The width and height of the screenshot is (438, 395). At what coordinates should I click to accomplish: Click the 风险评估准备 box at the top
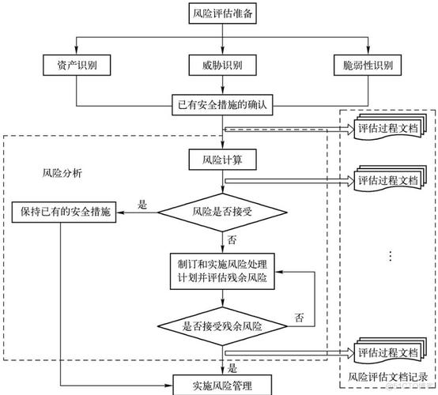click(x=223, y=13)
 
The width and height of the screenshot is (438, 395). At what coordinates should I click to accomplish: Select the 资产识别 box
click(x=77, y=65)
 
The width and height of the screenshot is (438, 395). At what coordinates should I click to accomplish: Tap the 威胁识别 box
click(x=223, y=65)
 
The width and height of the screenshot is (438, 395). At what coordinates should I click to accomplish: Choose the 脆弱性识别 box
click(x=368, y=65)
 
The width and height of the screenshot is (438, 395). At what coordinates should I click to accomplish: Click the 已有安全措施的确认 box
click(x=222, y=105)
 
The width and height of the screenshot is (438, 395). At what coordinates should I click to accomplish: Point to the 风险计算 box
click(x=223, y=160)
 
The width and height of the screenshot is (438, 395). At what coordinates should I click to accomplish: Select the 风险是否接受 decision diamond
click(x=223, y=213)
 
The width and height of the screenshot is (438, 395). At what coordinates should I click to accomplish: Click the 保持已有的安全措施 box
click(x=64, y=213)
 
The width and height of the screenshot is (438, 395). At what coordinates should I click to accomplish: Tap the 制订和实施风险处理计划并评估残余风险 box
click(x=222, y=271)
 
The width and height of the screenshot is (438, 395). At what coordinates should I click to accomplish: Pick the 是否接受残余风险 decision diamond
click(x=223, y=326)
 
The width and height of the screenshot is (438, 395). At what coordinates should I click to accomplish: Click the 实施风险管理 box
click(x=222, y=385)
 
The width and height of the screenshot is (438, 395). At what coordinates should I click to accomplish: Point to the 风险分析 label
click(x=62, y=173)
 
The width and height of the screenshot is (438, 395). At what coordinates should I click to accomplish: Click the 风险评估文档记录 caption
click(x=387, y=377)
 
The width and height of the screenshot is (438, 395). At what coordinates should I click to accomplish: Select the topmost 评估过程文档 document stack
click(x=391, y=127)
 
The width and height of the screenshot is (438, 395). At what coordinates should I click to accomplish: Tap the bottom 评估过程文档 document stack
click(x=391, y=352)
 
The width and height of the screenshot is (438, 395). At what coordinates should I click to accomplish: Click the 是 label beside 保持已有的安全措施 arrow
click(x=142, y=205)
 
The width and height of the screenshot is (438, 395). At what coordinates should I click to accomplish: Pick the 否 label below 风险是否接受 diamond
click(x=232, y=240)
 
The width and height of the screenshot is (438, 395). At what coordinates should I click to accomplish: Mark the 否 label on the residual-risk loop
click(x=299, y=318)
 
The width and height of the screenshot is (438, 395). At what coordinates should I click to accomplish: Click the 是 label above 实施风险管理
click(x=232, y=368)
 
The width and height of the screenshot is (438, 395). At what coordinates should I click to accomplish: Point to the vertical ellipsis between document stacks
click(x=391, y=256)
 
